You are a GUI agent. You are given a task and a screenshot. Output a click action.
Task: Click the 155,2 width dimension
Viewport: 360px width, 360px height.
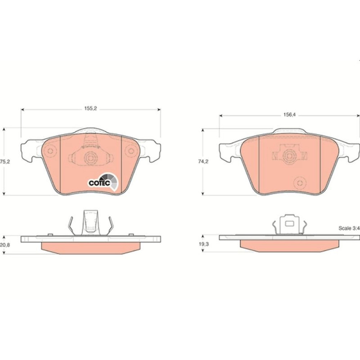(x=91, y=109)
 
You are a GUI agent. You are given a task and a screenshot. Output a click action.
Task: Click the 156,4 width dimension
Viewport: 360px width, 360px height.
(x=289, y=115)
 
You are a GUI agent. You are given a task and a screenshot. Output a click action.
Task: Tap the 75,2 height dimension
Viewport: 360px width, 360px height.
(x=5, y=162)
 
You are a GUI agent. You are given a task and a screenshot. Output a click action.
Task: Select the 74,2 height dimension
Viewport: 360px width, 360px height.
(x=203, y=162)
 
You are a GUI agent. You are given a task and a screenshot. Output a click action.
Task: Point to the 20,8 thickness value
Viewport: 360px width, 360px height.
(x=5, y=245)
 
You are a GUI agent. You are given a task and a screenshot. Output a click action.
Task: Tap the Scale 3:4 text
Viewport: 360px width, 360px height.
(x=349, y=228)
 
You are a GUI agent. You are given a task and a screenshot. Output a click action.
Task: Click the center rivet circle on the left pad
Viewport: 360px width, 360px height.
(x=91, y=158)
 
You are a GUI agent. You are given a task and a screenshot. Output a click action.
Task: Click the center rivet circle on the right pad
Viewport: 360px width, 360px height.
(x=289, y=156)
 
